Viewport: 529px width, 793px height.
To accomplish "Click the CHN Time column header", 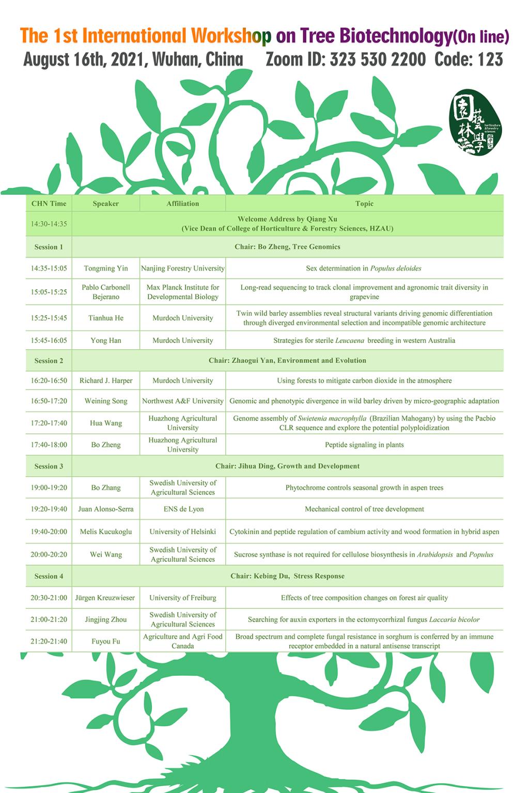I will click(49, 204).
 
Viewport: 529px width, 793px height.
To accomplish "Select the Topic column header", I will click(364, 204).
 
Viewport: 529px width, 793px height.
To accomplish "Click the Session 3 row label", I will click(49, 466).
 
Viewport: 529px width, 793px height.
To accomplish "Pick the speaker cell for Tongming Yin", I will click(106, 268).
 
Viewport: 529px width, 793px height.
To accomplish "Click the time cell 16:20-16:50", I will click(49, 381).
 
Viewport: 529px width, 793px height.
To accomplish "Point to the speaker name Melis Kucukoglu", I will click(106, 532).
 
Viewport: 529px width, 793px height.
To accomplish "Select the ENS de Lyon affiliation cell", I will click(183, 509).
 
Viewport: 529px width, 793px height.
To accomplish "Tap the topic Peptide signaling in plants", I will click(364, 445).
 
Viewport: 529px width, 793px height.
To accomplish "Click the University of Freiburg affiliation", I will click(183, 598).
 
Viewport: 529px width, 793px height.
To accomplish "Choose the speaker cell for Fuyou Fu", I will click(106, 641).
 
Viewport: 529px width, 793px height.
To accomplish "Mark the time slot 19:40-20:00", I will click(49, 532).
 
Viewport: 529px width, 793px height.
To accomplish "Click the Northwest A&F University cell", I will click(183, 401).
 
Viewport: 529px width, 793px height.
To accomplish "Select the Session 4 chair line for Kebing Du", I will click(287, 576).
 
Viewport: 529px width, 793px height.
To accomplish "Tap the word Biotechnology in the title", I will click(395, 36).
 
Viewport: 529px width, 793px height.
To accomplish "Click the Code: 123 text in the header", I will click(469, 60).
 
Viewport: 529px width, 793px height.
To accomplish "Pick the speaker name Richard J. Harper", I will click(106, 381).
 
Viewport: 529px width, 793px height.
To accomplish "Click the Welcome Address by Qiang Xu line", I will click(287, 219).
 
